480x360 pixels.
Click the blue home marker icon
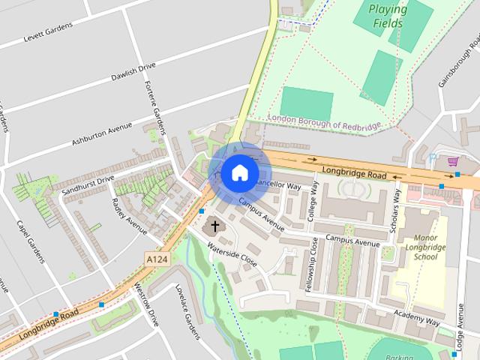(239, 172)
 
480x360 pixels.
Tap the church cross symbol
(215, 225)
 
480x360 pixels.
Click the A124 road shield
(155, 258)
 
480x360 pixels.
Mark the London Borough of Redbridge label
(325, 122)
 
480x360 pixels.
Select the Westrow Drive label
(147, 303)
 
